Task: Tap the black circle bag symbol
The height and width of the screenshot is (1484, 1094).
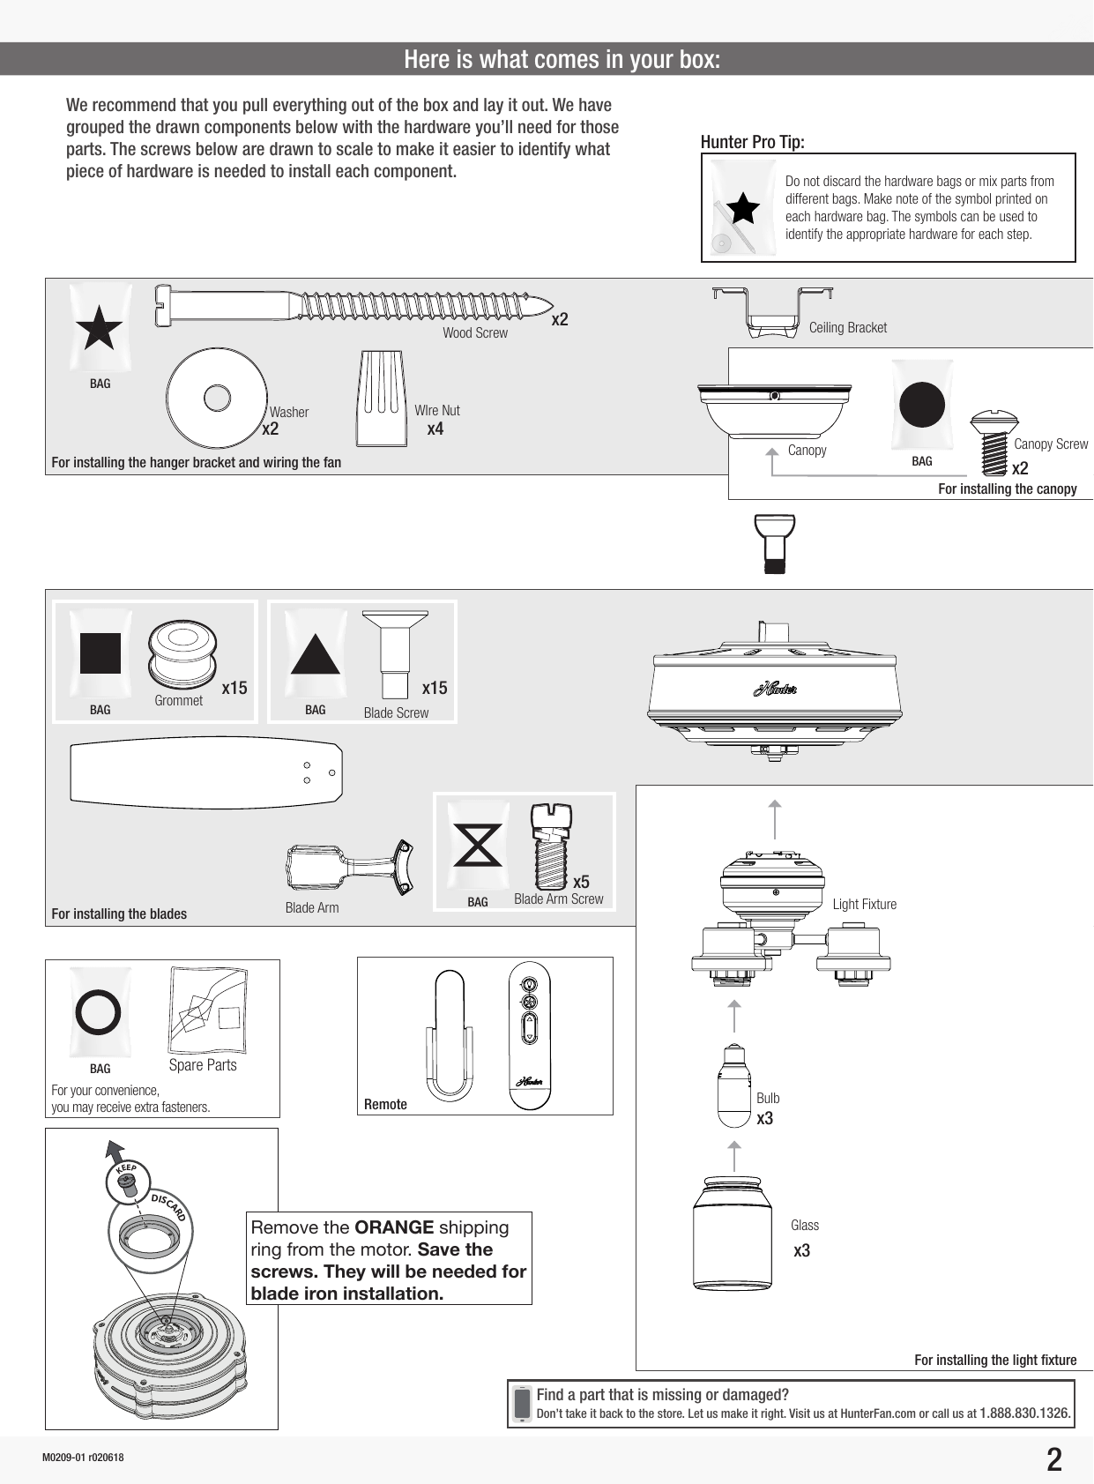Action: pos(921,406)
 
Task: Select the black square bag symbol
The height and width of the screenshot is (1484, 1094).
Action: pos(100,653)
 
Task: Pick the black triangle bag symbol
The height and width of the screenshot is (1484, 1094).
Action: pos(315,654)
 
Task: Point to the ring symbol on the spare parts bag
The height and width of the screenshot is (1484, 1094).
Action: pos(99,1011)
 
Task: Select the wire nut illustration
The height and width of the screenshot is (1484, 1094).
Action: pos(382,399)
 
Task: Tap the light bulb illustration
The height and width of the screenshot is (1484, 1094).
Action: pos(733,1086)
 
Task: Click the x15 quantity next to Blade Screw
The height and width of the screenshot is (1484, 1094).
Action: pos(435,688)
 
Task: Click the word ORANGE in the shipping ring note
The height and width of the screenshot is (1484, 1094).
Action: pos(393,1227)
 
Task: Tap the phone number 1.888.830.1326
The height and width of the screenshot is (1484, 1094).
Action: pos(1025,1413)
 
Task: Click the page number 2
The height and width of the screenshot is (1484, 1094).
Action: pos(1053,1460)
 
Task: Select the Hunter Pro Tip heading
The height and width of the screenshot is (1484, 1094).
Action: pos(752,142)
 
